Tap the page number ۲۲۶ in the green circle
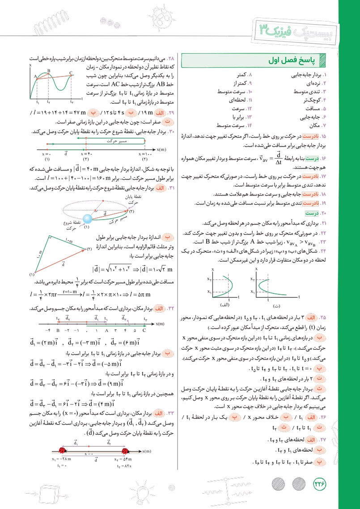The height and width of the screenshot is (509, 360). click(x=319, y=483)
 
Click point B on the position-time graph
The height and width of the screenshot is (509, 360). click(x=48, y=72)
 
